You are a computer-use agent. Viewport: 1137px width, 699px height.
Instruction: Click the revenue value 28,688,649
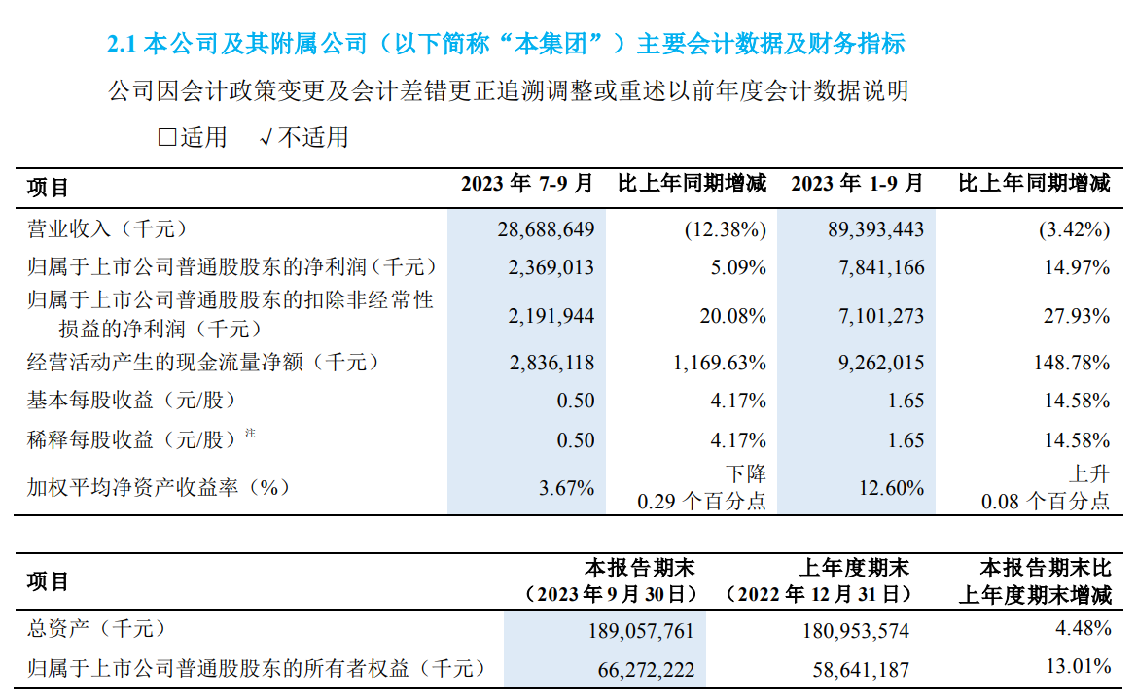[x=546, y=230]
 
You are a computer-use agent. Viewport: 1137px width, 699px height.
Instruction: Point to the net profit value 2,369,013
[x=551, y=267]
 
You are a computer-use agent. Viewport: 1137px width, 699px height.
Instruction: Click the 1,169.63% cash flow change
[x=719, y=363]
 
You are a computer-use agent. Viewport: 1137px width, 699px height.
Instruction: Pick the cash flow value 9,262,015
[x=880, y=363]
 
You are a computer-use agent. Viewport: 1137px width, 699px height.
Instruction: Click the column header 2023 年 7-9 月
[x=526, y=183]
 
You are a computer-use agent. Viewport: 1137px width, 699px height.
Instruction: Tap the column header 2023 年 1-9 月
[x=857, y=183]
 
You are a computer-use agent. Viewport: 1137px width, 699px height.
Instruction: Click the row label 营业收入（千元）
[x=106, y=230]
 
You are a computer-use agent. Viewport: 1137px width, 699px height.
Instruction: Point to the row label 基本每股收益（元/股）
[x=131, y=401]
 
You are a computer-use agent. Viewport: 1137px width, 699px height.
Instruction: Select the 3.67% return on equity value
[x=566, y=488]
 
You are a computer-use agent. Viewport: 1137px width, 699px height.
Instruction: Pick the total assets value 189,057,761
[x=641, y=631]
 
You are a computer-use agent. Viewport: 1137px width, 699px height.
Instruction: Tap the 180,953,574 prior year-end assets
[x=855, y=631]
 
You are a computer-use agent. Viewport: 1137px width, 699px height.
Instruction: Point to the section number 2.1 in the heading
[x=123, y=44]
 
